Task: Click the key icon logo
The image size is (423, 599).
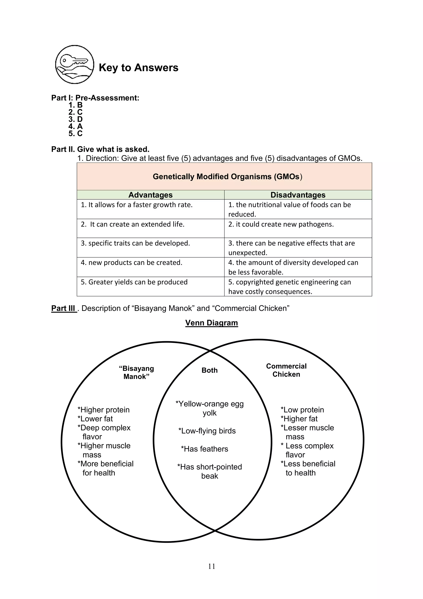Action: tap(75, 65)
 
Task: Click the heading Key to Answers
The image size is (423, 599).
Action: tap(138, 68)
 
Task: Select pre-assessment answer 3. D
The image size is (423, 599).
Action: tap(76, 119)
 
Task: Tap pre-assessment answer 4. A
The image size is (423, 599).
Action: tap(76, 126)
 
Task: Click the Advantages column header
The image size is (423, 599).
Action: tap(150, 195)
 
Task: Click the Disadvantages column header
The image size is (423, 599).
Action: tap(298, 195)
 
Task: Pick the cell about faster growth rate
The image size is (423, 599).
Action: tap(137, 205)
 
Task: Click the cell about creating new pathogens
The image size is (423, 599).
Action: tap(281, 224)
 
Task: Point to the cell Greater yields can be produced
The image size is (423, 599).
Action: tap(134, 282)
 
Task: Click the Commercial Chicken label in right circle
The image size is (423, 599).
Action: tap(286, 370)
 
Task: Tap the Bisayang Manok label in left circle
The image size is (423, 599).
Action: tap(136, 372)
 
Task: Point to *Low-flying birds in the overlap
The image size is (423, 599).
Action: tap(207, 431)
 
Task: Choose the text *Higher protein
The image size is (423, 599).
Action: tap(103, 410)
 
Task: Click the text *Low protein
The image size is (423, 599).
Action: tap(302, 410)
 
